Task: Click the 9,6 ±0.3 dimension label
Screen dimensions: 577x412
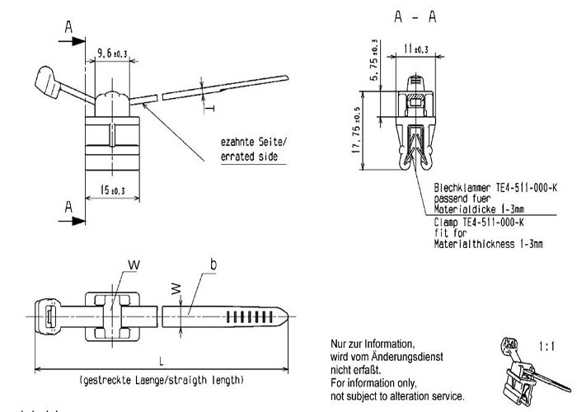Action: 112,54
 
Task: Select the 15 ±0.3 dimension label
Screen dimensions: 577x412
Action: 113,190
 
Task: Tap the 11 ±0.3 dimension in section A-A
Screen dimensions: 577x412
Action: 416,49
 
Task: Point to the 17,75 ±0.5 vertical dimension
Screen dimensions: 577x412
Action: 356,130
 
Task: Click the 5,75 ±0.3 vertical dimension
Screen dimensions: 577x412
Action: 374,60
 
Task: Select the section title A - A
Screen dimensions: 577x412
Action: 415,16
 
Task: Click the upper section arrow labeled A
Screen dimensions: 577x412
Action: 73,41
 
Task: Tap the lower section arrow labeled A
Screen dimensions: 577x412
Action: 73,221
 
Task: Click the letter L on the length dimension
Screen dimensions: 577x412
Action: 162,361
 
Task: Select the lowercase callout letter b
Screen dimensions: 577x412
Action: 213,265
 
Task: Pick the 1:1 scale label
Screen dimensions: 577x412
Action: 547,346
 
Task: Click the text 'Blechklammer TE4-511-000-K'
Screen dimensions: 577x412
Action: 495,188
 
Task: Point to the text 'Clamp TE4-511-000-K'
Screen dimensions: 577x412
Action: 479,222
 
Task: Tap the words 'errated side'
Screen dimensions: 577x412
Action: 249,157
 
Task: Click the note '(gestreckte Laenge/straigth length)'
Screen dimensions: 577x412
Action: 162,380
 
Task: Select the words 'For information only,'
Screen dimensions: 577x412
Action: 373,383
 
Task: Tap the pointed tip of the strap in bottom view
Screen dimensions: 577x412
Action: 288,316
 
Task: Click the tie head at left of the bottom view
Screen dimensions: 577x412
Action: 48,316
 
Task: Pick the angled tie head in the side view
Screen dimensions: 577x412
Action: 48,82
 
